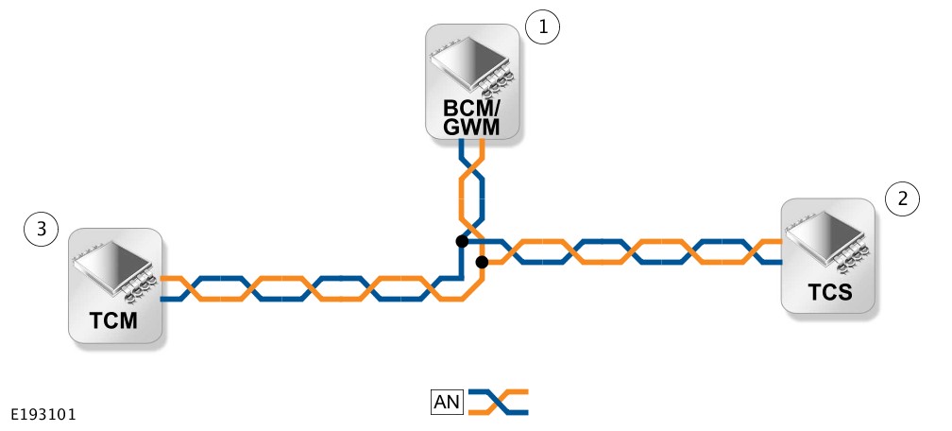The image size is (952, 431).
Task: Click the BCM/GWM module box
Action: coord(471,83)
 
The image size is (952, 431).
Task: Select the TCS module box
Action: coord(828,255)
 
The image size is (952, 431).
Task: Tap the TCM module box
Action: coord(115,284)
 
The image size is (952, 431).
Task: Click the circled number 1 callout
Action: coord(542,28)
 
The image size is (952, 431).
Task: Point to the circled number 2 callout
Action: coord(903,198)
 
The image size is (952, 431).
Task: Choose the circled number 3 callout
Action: coord(41,229)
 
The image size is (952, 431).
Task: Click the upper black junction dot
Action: coord(461,241)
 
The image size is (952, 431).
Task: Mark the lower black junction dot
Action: coord(482,261)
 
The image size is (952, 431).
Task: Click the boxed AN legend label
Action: coord(447,403)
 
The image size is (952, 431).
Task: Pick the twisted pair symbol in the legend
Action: coord(499,403)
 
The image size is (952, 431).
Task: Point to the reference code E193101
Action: coord(43,415)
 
